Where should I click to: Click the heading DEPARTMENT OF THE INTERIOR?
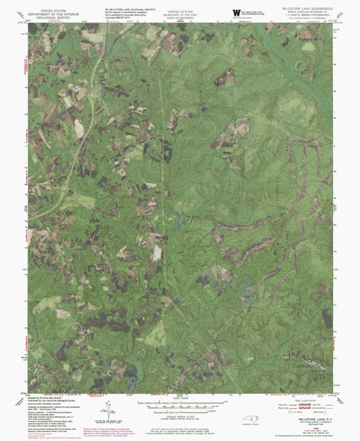[53, 8]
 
